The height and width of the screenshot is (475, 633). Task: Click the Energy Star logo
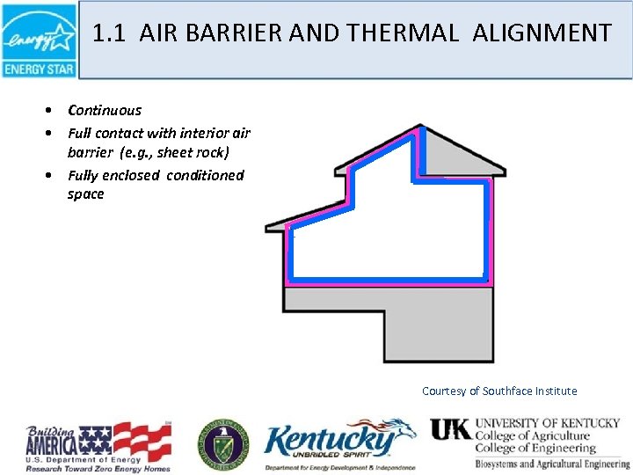click(39, 40)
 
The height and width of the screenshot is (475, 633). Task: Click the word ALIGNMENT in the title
click(542, 33)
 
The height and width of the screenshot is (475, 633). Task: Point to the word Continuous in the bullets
click(105, 111)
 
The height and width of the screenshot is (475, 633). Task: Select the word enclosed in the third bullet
click(133, 175)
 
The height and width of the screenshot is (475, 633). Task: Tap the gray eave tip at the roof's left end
click(271, 228)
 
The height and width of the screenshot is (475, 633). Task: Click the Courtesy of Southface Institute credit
click(499, 391)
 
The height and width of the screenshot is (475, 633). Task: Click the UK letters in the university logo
click(450, 430)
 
